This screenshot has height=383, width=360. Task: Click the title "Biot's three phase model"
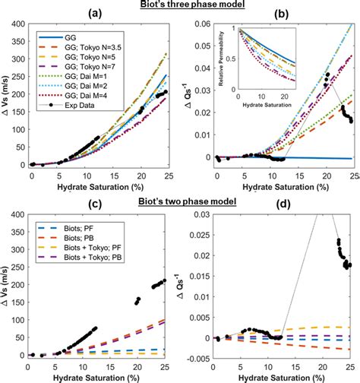[x=180, y=5]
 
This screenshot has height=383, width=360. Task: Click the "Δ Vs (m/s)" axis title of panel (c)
[x=7, y=286]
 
